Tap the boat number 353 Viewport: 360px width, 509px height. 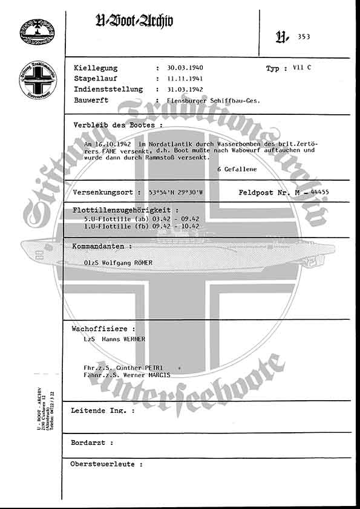click(x=304, y=37)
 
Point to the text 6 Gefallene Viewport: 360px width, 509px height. click(x=237, y=169)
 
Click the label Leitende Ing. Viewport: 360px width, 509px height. click(x=102, y=410)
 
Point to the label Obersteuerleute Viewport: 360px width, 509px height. click(x=106, y=464)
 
